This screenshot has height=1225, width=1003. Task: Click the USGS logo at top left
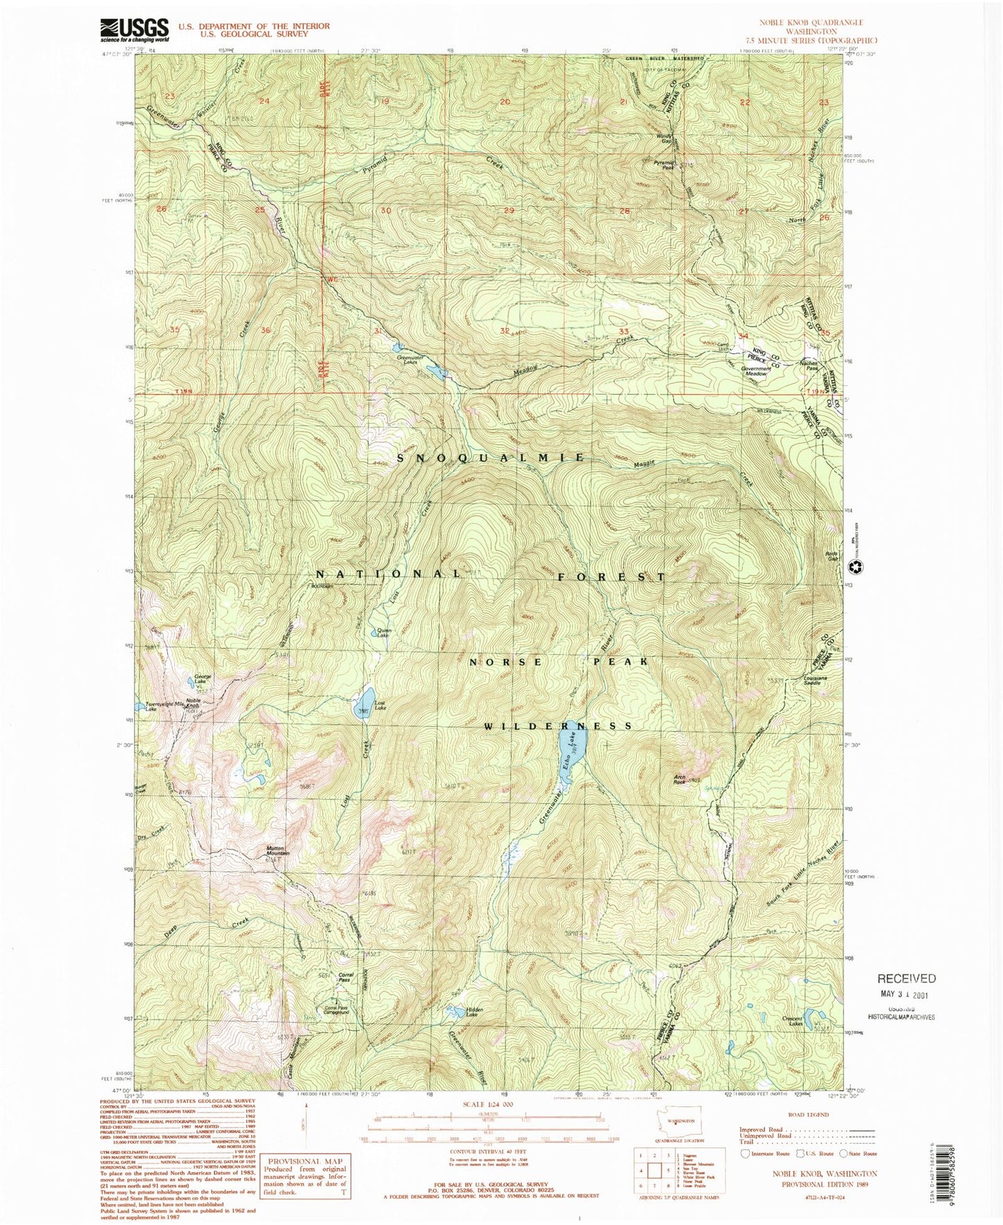[135, 29]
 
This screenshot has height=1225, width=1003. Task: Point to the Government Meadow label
[755, 371]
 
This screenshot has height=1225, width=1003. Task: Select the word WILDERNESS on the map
[559, 726]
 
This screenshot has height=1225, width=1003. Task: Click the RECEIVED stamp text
[906, 978]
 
